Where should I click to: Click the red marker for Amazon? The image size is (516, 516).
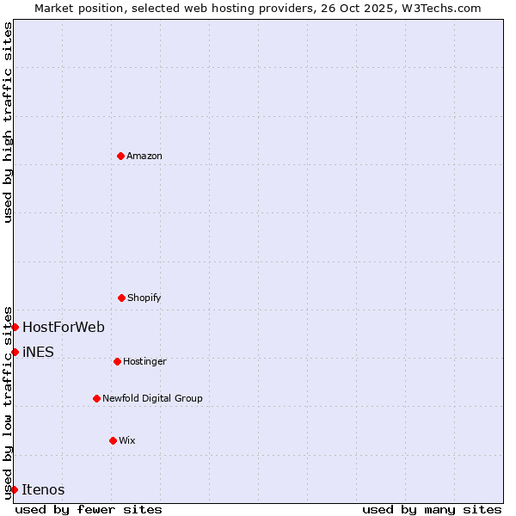121,156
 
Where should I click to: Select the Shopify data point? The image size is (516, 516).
121,298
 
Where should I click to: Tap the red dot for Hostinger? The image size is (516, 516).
117,361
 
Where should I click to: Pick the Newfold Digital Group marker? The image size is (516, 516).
96,398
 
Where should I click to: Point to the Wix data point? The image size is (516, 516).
113,440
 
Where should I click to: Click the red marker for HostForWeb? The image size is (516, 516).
15,327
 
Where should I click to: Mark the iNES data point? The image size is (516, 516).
15,352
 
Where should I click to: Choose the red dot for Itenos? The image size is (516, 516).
14,489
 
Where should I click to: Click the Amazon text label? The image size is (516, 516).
144,157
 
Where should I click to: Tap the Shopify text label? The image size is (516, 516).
144,298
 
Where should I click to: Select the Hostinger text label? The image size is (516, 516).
144,362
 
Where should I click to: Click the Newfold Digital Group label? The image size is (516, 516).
152,399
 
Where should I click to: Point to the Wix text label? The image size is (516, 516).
127,441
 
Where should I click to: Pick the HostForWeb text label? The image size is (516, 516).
64,328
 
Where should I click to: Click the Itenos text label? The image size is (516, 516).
43,490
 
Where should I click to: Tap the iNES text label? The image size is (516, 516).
38,353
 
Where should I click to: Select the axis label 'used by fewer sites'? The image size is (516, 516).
89,509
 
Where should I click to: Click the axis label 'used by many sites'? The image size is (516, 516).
432,509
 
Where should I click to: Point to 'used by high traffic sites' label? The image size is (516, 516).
8,122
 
